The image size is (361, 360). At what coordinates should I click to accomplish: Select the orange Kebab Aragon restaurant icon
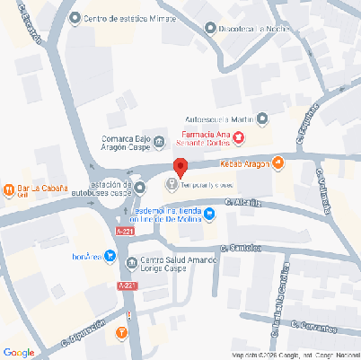pyautogui.click(x=278, y=162)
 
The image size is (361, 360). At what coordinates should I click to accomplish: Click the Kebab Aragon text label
pyautogui.click(x=244, y=163)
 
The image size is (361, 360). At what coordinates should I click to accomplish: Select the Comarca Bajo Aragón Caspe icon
pyautogui.click(x=158, y=141)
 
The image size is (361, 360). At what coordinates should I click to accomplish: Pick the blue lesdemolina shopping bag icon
pyautogui.click(x=209, y=213)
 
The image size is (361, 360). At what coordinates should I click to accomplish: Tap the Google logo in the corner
pyautogui.click(x=19, y=352)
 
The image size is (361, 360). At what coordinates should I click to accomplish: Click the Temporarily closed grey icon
pyautogui.click(x=172, y=185)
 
